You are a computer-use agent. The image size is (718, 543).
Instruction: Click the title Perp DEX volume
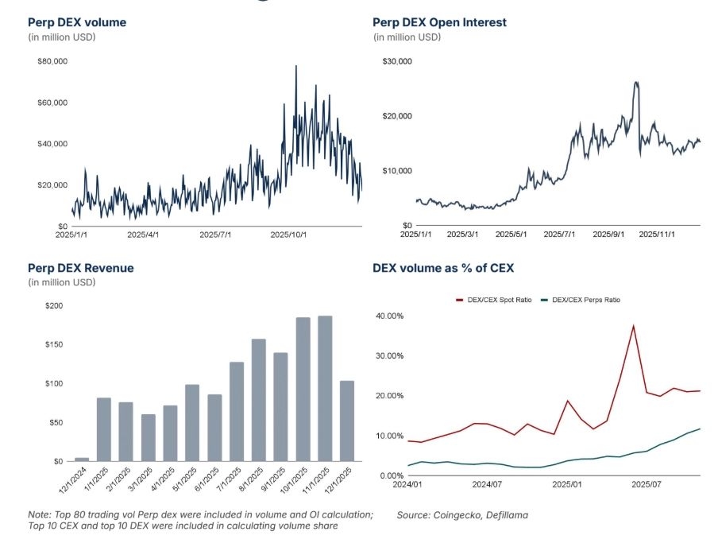77,22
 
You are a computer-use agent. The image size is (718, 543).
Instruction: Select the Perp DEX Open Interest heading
439,22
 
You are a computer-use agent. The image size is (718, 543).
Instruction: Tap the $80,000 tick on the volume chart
52,61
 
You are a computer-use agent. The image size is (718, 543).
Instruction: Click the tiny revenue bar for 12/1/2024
82,459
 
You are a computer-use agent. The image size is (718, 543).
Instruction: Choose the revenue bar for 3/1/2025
149,437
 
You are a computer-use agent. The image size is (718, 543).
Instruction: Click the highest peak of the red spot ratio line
633,325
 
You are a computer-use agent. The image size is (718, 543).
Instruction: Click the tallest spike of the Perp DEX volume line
296,66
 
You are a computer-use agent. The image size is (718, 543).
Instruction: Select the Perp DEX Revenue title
80,268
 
